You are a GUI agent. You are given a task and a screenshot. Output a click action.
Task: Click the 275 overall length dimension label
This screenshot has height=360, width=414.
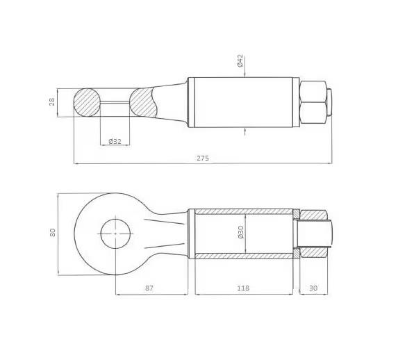pyautogui.click(x=203, y=158)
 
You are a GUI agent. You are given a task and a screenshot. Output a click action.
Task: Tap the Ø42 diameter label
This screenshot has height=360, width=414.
pyautogui.click(x=240, y=60)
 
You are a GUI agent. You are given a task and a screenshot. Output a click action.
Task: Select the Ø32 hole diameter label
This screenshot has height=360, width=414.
pyautogui.click(x=115, y=141)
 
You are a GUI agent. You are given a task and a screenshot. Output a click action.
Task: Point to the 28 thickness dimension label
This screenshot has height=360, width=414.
pyautogui.click(x=52, y=101)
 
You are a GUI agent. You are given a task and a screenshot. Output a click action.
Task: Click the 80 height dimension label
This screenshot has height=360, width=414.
pyautogui.click(x=53, y=232)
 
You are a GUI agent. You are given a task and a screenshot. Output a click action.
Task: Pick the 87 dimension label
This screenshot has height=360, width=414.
pyautogui.click(x=149, y=288)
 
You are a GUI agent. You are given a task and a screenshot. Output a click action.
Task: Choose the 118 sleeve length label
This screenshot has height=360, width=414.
pyautogui.click(x=243, y=288)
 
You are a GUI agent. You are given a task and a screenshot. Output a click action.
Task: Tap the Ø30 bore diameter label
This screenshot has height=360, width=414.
pyautogui.click(x=240, y=232)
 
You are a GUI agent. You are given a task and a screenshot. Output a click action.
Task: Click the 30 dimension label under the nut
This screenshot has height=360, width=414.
pyautogui.click(x=313, y=288)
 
